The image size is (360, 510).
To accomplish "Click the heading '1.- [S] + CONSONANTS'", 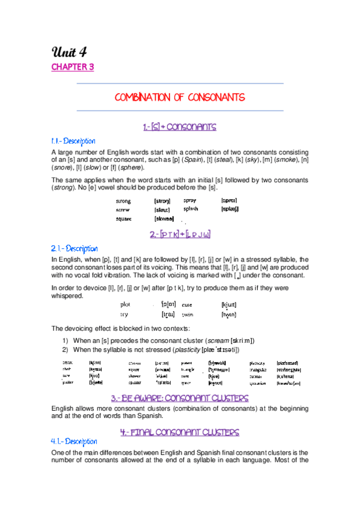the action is (179, 127).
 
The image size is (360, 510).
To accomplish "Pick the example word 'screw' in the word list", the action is (124, 210).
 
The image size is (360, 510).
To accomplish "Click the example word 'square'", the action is (124, 219).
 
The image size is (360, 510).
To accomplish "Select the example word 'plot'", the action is (126, 305).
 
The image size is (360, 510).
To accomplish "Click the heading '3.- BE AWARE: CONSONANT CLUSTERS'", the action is (180, 398).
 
